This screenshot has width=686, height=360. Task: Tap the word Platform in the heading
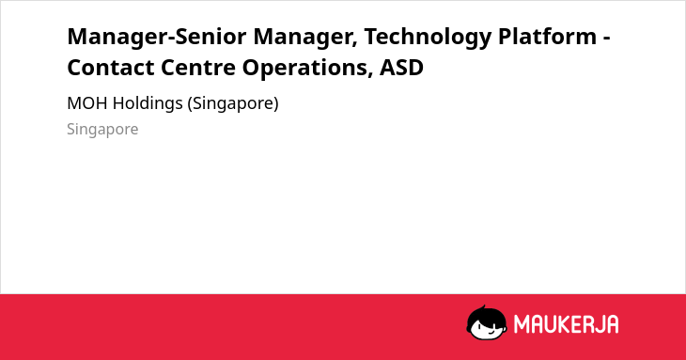547,36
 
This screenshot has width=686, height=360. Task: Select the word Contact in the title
111,68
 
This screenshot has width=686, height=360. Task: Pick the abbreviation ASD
401,68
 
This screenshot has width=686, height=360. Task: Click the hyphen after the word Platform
607,38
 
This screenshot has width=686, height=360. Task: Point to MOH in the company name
88,103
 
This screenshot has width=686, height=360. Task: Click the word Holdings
148,104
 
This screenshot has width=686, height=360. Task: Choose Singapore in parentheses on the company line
233,104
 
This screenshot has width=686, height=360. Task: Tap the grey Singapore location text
102,130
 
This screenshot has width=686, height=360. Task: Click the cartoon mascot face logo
487,322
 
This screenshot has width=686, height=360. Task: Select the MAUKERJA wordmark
566,324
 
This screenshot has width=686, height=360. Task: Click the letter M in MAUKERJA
522,324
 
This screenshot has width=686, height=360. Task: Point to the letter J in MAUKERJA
597,324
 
